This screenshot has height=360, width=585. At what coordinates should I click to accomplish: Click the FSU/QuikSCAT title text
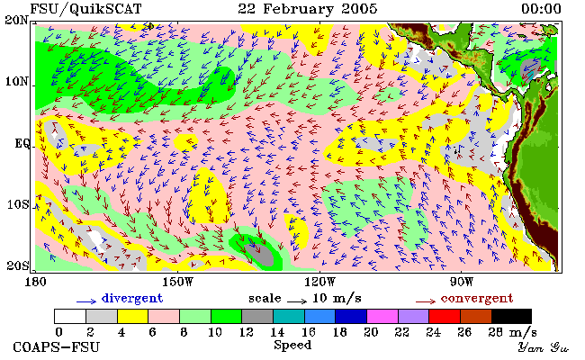(x=85, y=9)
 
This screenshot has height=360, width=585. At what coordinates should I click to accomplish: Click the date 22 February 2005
(x=308, y=9)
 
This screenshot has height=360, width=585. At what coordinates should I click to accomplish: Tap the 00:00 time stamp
(x=541, y=9)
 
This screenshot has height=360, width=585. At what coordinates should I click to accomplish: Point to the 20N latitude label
(x=16, y=20)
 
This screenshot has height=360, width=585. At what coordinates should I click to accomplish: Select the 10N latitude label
(x=16, y=81)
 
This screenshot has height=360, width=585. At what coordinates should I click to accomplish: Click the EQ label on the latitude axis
(x=22, y=143)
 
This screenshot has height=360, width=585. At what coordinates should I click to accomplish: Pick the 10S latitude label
(x=18, y=204)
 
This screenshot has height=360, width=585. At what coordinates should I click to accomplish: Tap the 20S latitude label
(x=18, y=265)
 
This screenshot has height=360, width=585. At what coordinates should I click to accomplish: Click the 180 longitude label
(x=35, y=282)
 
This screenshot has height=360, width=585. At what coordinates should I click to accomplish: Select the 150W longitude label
(x=178, y=282)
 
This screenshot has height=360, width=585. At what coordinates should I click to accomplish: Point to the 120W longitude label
(x=319, y=282)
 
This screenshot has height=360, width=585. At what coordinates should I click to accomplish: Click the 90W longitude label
(x=462, y=282)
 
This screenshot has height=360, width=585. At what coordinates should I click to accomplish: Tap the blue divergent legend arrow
(x=86, y=301)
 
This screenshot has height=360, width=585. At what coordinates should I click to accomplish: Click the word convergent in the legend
(x=477, y=299)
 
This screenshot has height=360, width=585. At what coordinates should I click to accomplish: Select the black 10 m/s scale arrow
(x=297, y=301)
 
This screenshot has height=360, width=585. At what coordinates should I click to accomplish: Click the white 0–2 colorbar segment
(x=70, y=316)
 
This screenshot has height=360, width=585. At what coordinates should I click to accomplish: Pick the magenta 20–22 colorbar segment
(x=382, y=316)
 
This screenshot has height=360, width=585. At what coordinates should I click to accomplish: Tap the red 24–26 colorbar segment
(x=445, y=316)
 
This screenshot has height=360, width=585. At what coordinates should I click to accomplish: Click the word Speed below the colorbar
(x=292, y=346)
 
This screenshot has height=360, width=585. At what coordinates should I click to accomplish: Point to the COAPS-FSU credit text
(x=57, y=347)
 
